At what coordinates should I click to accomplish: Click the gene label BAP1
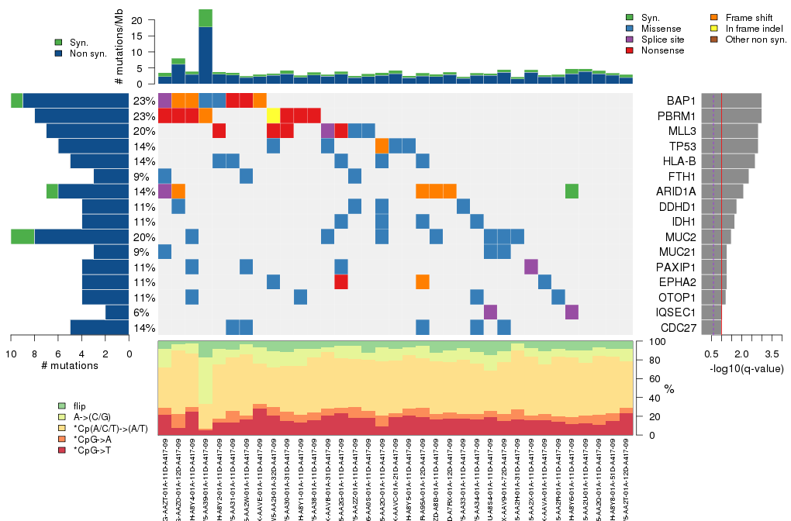(680, 101)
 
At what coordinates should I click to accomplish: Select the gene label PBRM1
(675, 116)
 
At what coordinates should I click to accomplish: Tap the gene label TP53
(680, 146)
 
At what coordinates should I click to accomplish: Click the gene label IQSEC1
(675, 312)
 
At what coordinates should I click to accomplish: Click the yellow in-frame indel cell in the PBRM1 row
(273, 116)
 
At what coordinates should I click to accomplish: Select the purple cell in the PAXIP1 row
(530, 267)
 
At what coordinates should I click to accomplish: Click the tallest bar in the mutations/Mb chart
(206, 47)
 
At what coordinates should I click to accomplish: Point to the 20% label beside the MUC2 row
(144, 237)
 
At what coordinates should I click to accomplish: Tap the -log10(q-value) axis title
(745, 368)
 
